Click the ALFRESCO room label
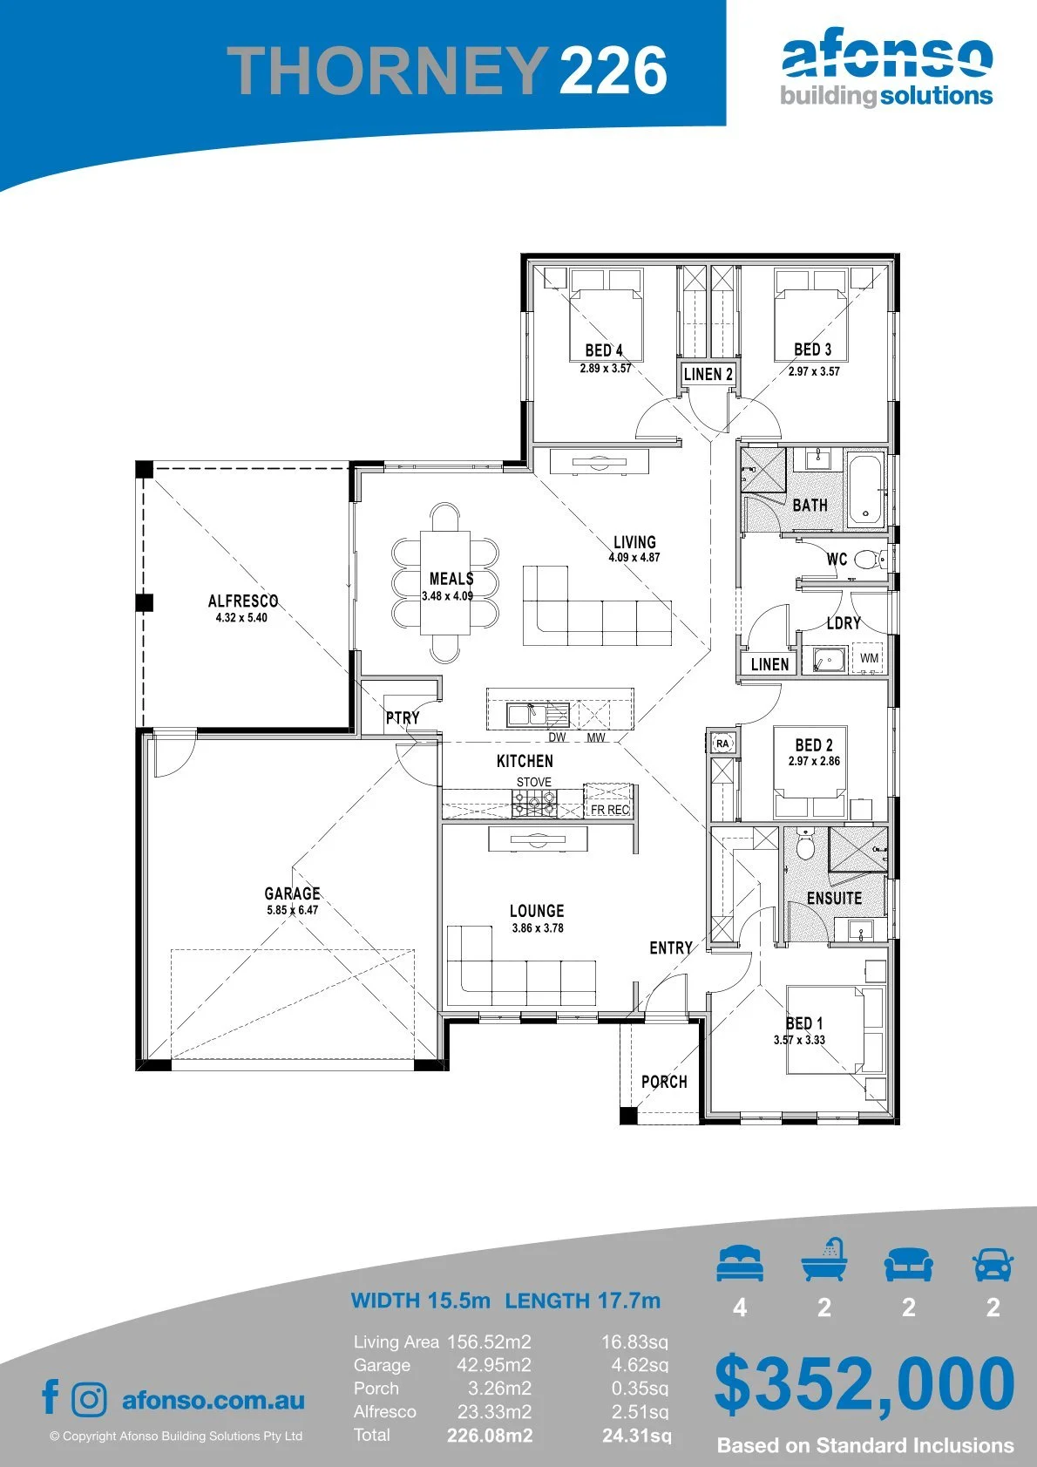pyautogui.click(x=243, y=601)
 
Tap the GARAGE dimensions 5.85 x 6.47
pyautogui.click(x=293, y=910)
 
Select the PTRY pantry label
pyautogui.click(x=403, y=717)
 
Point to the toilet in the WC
pyautogui.click(x=871, y=560)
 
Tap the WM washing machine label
pyautogui.click(x=869, y=658)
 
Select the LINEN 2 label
pyautogui.click(x=708, y=374)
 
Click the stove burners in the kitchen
pyautogui.click(x=534, y=804)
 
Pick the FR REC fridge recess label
pyautogui.click(x=609, y=810)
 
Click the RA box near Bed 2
pyautogui.click(x=722, y=744)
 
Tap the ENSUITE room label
pyautogui.click(x=834, y=898)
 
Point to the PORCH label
pyautogui.click(x=664, y=1082)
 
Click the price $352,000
pyautogui.click(x=864, y=1383)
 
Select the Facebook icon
pyautogui.click(x=51, y=1396)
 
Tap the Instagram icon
pyautogui.click(x=88, y=1400)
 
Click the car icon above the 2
pyautogui.click(x=993, y=1264)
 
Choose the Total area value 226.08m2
pyautogui.click(x=490, y=1436)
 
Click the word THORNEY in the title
pyautogui.click(x=386, y=70)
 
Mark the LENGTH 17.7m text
pyautogui.click(x=583, y=1300)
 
